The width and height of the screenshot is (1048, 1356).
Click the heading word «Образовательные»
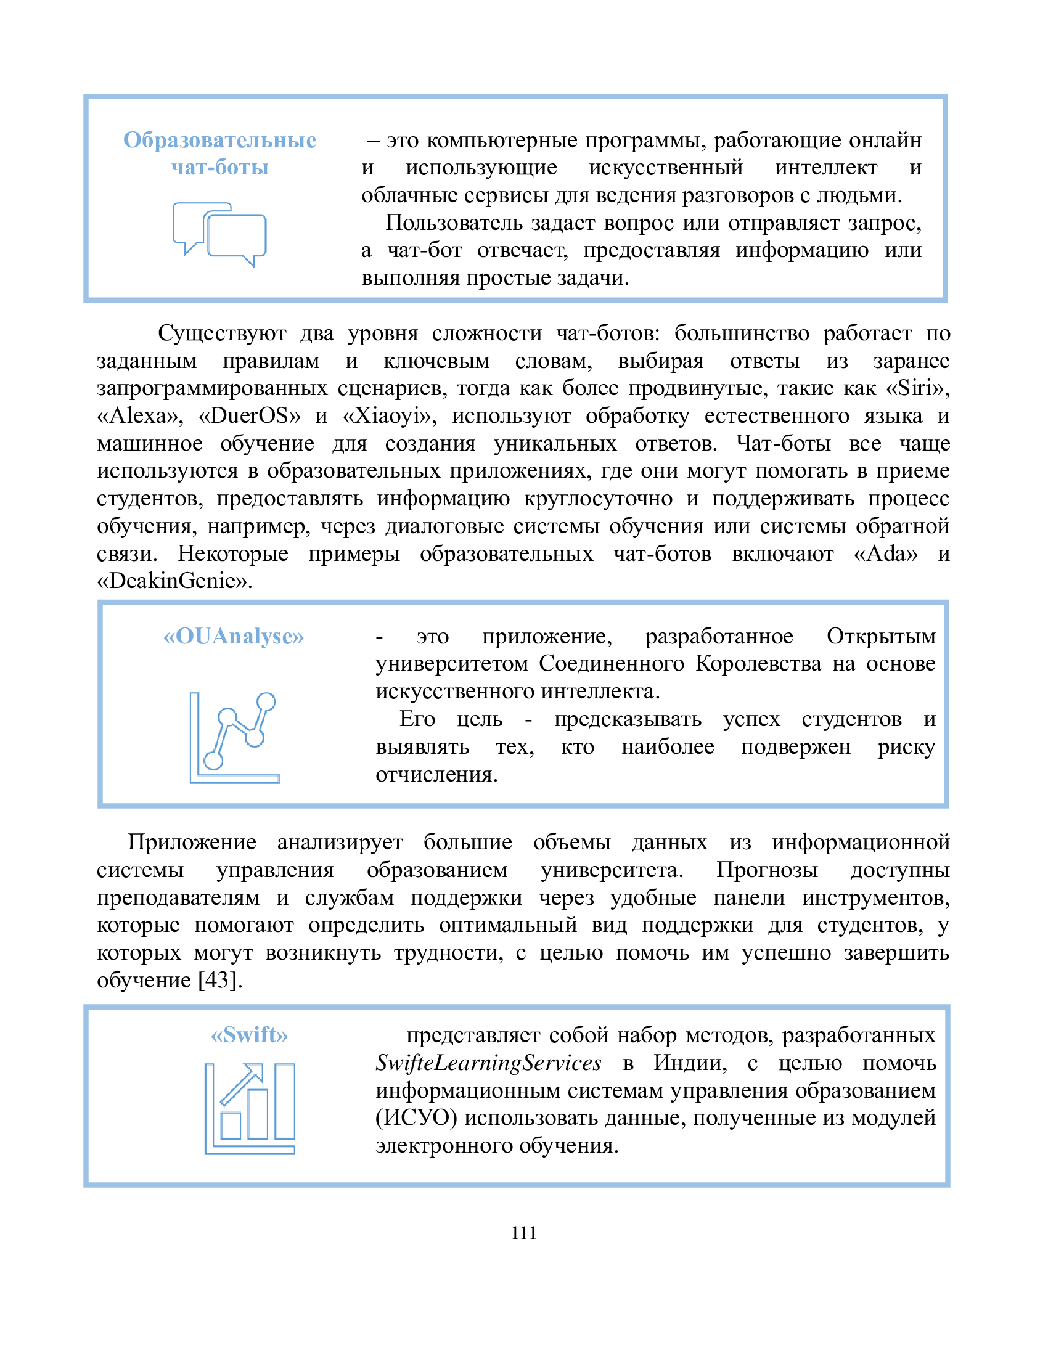coord(219,141)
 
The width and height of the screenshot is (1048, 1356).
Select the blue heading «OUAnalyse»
coord(234,637)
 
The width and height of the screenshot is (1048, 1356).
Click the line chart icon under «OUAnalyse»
coord(234,737)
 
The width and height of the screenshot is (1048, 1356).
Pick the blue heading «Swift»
coord(250,1035)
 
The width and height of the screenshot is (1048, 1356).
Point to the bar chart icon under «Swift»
coord(250,1108)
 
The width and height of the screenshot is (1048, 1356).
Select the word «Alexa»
coord(140,415)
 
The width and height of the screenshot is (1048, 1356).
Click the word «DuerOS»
coord(249,415)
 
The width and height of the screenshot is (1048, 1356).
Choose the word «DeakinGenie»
coord(174,581)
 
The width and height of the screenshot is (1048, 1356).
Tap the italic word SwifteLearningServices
coord(489,1063)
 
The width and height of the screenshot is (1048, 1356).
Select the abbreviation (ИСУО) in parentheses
coord(416,1118)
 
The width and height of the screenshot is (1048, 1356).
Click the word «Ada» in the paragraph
coord(886,553)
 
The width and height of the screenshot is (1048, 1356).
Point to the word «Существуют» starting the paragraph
coord(222,333)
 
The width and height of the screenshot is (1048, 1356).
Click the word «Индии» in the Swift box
coord(690,1063)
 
